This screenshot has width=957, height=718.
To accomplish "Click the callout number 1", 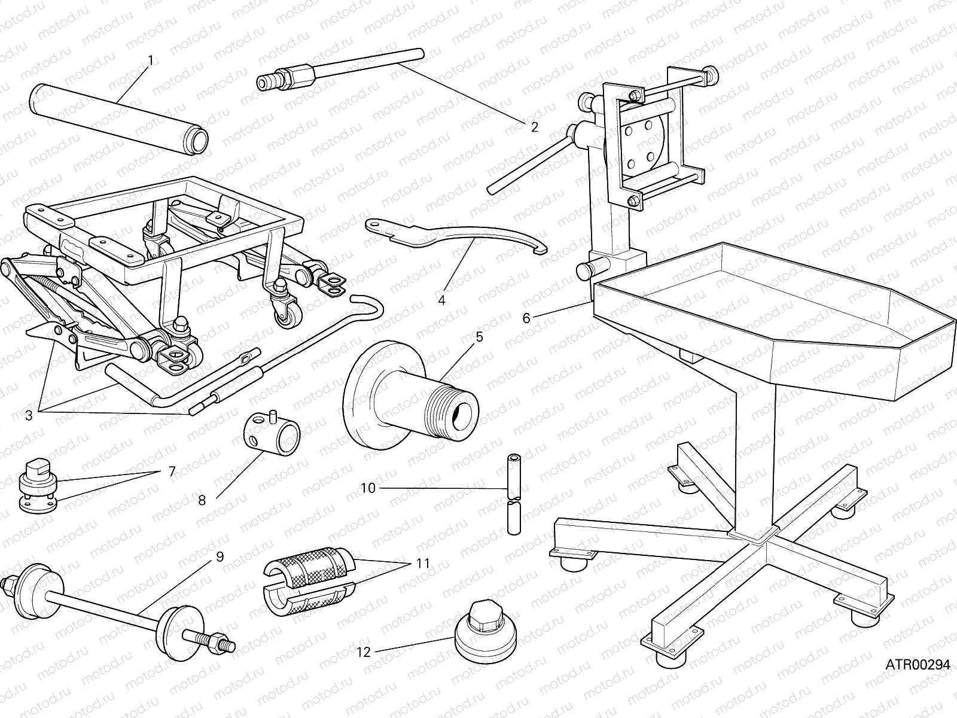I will (x=150, y=60).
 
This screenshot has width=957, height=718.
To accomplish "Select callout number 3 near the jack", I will (x=29, y=415).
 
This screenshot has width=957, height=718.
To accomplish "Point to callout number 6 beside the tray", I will (x=526, y=318).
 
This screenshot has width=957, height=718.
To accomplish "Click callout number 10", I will (x=368, y=488).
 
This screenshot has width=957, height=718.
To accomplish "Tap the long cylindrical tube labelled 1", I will (x=120, y=118).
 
